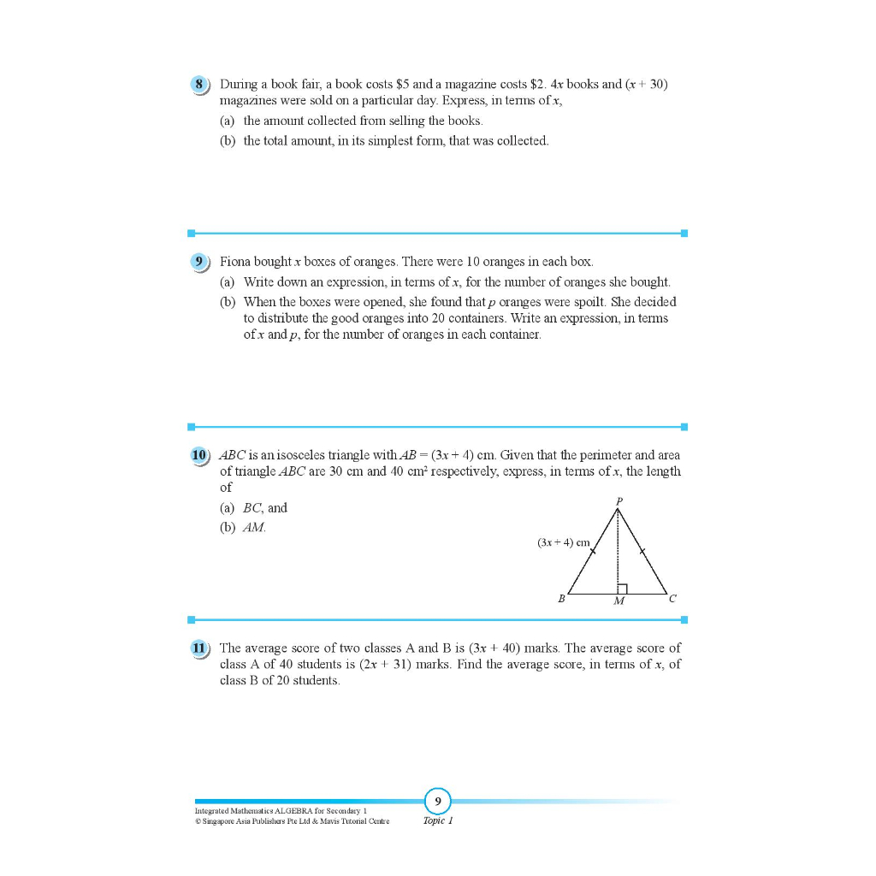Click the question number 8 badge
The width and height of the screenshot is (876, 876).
point(199,85)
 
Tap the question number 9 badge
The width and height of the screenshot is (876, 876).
point(199,262)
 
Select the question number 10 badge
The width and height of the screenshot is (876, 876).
point(199,455)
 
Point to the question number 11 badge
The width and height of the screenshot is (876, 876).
point(199,648)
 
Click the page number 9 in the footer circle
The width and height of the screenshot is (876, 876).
point(437,802)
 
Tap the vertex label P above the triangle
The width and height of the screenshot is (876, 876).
point(619,500)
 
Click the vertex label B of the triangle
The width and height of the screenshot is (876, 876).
point(561,600)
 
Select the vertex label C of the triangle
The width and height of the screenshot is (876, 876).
point(672,600)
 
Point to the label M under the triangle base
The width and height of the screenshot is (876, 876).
point(619,601)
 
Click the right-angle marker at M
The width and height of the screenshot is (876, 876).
point(623,588)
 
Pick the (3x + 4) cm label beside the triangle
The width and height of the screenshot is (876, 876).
point(564,542)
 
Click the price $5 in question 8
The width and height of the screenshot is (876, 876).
point(405,85)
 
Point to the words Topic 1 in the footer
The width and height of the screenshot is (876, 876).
point(437,820)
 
